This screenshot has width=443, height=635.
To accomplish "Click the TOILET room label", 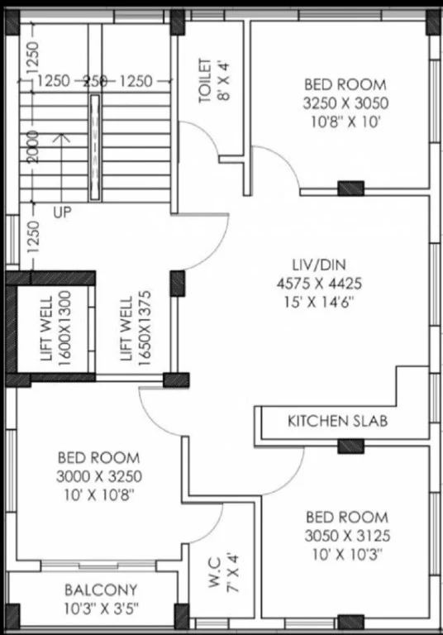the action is (205, 80).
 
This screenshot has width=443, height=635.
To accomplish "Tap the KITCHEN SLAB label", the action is (338, 421).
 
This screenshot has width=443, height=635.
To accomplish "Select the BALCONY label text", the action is (101, 590).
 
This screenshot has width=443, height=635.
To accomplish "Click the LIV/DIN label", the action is (319, 265).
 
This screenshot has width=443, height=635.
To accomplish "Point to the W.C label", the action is (214, 572).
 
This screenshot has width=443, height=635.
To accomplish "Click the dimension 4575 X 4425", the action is (319, 284).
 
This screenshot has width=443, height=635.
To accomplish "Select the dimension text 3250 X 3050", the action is (345, 103).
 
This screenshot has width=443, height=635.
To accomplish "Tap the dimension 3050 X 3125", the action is (347, 536).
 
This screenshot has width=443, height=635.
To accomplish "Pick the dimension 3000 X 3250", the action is (99, 476).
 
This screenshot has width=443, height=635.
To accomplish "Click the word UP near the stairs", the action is (62, 212).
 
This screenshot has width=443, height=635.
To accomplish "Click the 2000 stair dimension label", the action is (33, 146).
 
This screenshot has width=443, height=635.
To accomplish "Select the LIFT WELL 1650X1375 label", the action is (136, 328).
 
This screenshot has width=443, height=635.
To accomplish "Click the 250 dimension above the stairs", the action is (95, 81).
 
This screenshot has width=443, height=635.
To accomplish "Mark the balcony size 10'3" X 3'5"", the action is (101, 609).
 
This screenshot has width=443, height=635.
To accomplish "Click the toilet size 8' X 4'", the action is (224, 80).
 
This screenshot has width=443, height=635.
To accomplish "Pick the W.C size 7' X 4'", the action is (233, 572).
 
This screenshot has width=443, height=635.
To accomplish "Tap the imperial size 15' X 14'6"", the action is (319, 302).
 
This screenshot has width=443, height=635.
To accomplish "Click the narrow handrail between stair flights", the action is (95, 147).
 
